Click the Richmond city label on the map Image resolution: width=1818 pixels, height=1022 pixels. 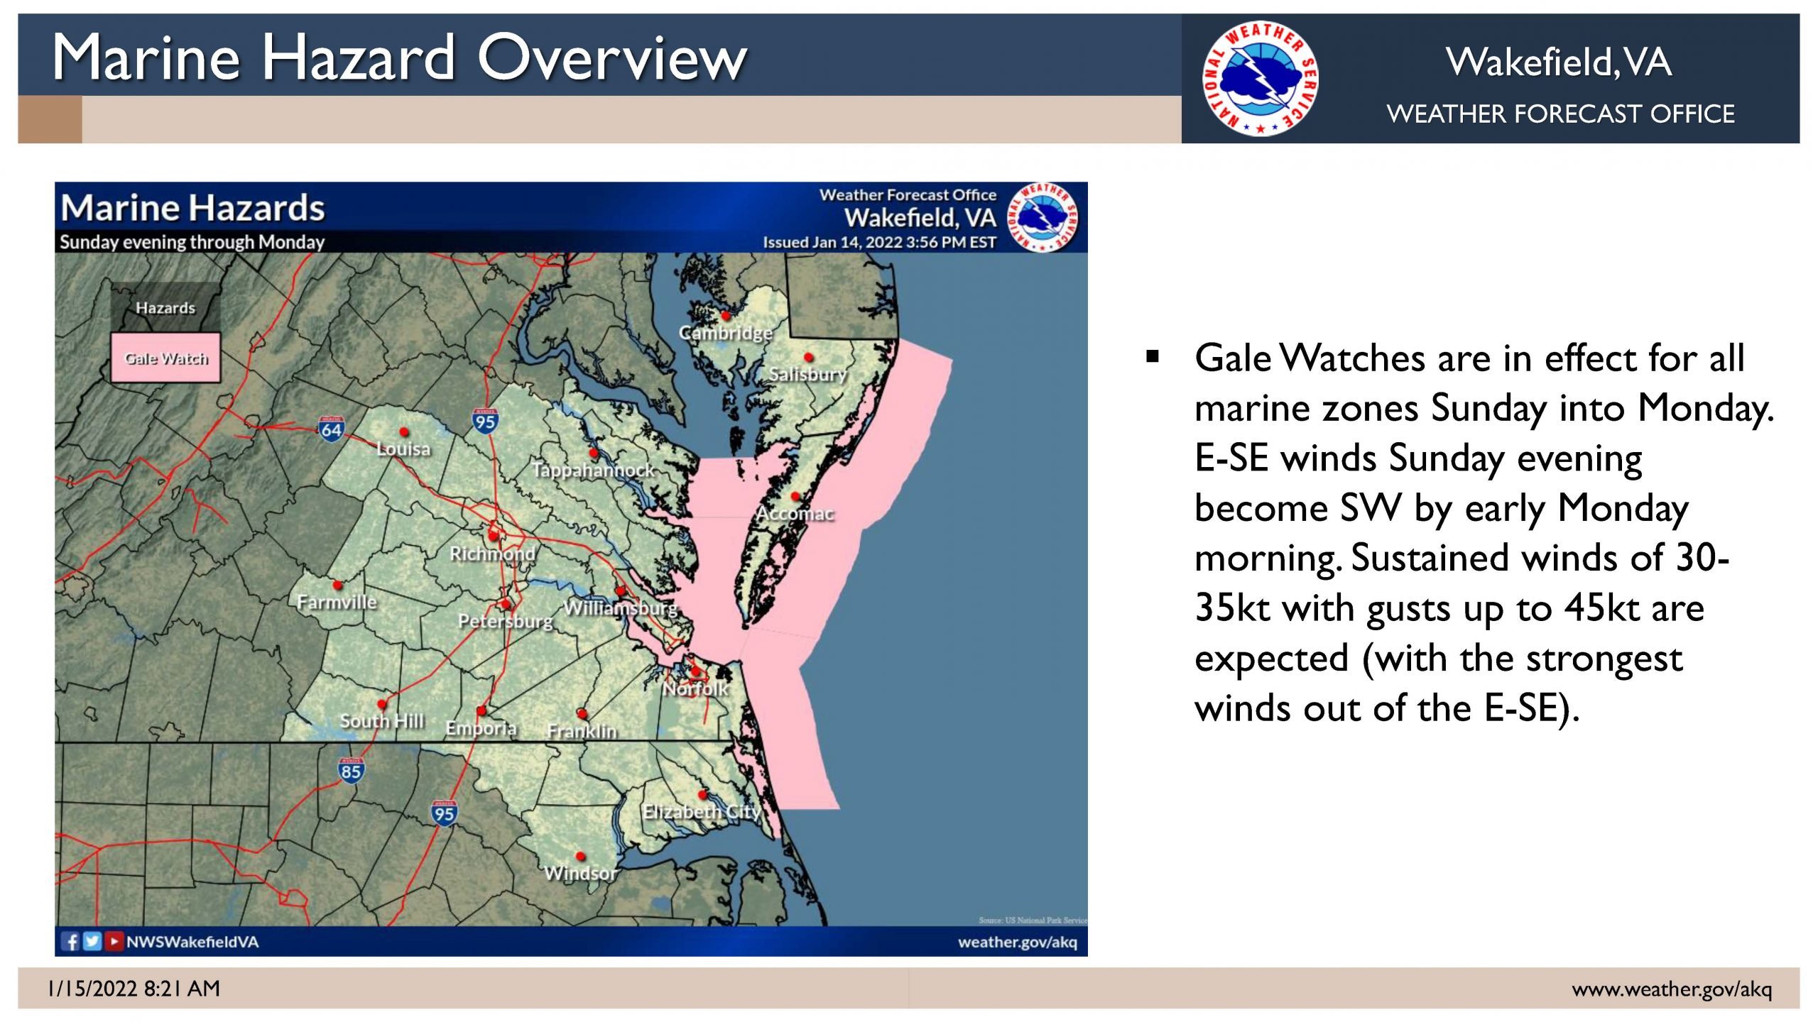pyautogui.click(x=492, y=554)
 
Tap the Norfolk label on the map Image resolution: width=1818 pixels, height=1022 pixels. pyautogui.click(x=695, y=688)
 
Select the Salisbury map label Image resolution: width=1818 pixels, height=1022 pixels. pyautogui.click(x=808, y=374)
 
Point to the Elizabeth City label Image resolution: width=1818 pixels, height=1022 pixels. pyautogui.click(x=702, y=811)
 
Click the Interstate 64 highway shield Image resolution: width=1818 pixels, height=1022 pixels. pyautogui.click(x=331, y=429)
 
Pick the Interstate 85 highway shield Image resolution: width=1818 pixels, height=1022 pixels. pyautogui.click(x=351, y=771)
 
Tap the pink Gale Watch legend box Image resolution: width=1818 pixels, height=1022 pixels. pyautogui.click(x=165, y=358)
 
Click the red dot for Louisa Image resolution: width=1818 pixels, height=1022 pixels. pyautogui.click(x=403, y=432)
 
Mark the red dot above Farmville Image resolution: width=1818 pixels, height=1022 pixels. pyautogui.click(x=337, y=586)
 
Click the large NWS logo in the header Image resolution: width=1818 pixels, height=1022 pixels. pyautogui.click(x=1260, y=78)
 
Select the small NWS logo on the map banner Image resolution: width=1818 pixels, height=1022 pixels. pyautogui.click(x=1043, y=217)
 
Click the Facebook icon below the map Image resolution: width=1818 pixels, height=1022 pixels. pyautogui.click(x=71, y=941)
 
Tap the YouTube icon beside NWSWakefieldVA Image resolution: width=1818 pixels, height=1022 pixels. pyautogui.click(x=114, y=941)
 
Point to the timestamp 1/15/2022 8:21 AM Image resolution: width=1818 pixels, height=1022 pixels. pyautogui.click(x=134, y=989)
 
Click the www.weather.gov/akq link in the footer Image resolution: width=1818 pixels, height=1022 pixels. pyautogui.click(x=1672, y=989)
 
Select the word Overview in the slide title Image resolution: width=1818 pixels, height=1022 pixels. pyautogui.click(x=612, y=58)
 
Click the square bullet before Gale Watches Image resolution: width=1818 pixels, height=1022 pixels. pyautogui.click(x=1153, y=356)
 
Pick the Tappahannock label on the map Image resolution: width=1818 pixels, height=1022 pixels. pyautogui.click(x=593, y=470)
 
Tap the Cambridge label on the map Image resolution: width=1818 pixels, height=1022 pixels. pyautogui.click(x=725, y=333)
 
